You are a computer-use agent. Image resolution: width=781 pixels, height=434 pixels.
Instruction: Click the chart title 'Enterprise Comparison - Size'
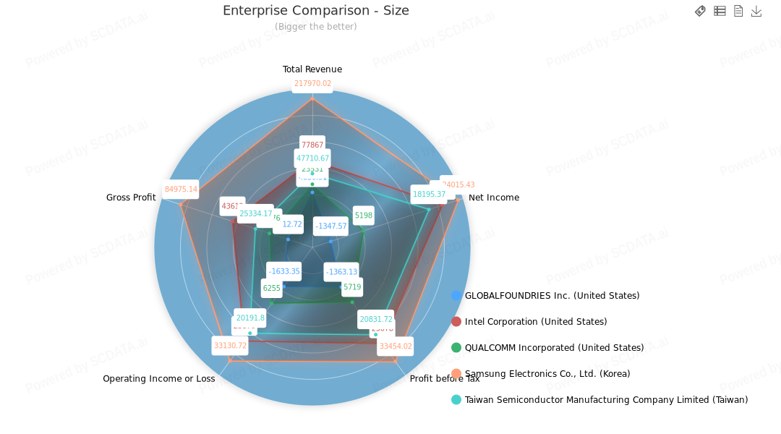tap(315, 11)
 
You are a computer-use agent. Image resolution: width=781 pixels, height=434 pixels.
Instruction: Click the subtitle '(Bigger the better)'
tap(315, 27)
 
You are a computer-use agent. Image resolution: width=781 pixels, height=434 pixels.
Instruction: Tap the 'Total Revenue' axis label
tap(312, 69)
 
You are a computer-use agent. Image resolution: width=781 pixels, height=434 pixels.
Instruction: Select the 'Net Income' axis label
tap(494, 197)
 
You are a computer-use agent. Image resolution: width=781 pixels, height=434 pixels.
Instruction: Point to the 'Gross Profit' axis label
tap(131, 197)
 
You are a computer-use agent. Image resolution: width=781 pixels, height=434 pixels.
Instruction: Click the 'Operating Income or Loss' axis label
tap(159, 378)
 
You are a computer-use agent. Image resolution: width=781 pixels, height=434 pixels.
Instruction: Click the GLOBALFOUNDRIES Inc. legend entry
tap(552, 296)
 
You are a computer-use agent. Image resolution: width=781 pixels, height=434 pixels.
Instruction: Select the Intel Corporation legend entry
tap(535, 322)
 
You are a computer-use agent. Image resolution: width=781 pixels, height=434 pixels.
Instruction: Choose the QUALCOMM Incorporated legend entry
tap(554, 348)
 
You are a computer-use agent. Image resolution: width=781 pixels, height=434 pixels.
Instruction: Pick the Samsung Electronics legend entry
tap(547, 374)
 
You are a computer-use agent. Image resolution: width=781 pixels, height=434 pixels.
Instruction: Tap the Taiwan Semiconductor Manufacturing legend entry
tap(606, 400)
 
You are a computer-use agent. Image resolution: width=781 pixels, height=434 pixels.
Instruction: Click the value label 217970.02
tap(312, 84)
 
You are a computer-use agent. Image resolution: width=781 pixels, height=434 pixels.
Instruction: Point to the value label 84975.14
tap(181, 190)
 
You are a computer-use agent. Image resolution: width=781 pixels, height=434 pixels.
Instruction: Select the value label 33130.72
tap(230, 346)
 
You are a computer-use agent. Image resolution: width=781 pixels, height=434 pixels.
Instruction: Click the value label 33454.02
tap(396, 346)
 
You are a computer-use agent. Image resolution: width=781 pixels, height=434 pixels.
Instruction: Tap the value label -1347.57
tap(331, 226)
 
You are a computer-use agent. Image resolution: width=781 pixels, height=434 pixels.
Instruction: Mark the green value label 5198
tap(364, 216)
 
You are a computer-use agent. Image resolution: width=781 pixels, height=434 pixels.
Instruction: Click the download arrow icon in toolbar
tap(756, 11)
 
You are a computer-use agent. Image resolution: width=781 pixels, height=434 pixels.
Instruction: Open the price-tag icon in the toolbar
tap(700, 11)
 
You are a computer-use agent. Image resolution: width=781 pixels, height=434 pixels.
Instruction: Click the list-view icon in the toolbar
tap(720, 11)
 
